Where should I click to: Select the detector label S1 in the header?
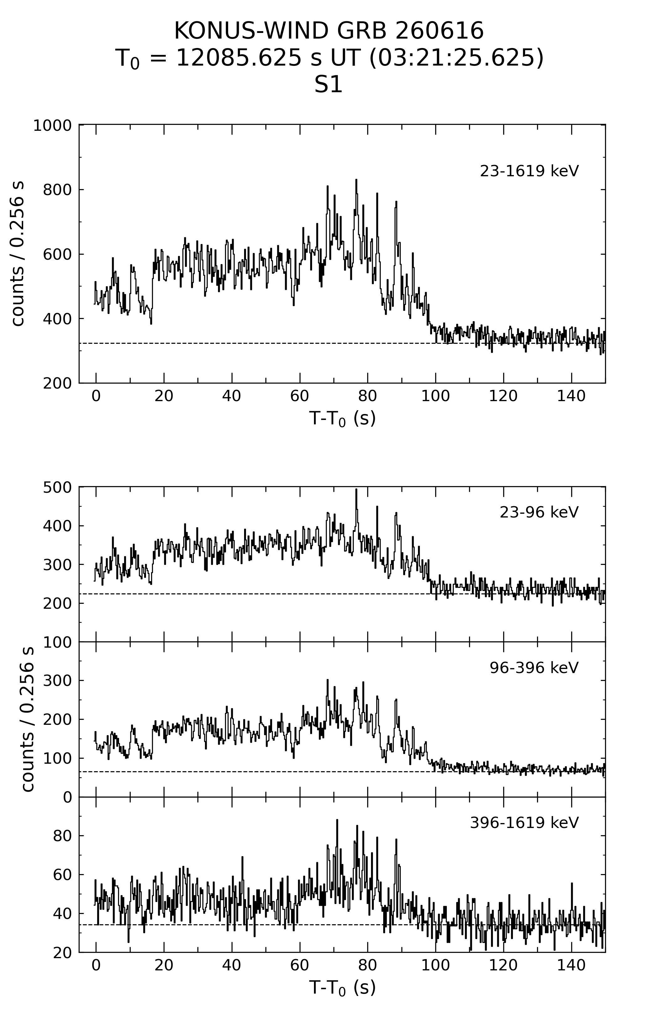click(329, 85)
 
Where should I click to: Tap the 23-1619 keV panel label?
click(529, 171)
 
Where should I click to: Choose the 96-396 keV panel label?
click(534, 667)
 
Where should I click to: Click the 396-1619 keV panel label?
click(525, 822)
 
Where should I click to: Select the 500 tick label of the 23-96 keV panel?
click(57, 487)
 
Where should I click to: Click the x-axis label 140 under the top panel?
click(571, 396)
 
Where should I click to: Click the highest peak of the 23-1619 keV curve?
click(356, 180)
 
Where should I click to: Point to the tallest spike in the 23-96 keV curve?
click(356, 490)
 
